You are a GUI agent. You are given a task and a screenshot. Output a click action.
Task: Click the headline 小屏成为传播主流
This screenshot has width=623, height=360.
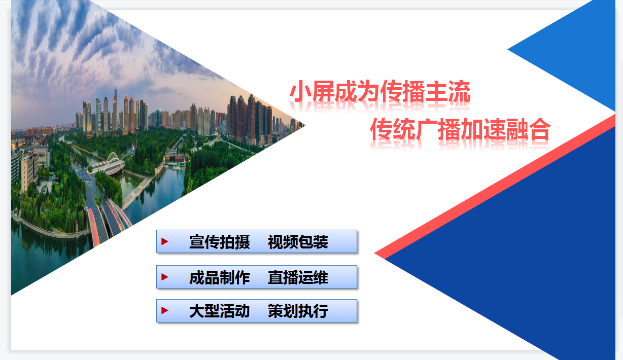coord(380,91)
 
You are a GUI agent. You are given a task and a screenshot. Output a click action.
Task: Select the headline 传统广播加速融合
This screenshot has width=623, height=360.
coord(460,129)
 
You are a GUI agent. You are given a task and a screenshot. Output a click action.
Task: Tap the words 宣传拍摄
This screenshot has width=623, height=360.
coord(220,241)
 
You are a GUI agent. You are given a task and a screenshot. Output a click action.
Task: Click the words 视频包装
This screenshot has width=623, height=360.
coord(298,241)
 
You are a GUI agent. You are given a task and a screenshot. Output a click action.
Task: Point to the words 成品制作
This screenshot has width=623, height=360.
coord(220,277)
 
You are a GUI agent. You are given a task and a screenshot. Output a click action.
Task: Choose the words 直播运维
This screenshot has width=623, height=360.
coord(298,277)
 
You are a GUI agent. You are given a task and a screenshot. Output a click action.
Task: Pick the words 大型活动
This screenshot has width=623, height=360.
coord(220,311)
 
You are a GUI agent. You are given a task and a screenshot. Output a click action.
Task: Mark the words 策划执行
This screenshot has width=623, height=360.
coord(298,311)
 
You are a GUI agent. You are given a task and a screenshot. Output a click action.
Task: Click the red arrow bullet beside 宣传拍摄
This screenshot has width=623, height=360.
coord(165,241)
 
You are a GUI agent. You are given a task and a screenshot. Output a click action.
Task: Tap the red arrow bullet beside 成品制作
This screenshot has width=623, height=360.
coord(165,277)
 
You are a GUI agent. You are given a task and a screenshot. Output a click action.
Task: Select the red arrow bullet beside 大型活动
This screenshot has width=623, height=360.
coord(165,310)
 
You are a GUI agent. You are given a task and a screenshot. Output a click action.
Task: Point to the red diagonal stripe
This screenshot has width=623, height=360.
coord(495,186)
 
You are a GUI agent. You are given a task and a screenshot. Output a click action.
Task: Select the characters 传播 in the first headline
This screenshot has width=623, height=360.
coord(402,91)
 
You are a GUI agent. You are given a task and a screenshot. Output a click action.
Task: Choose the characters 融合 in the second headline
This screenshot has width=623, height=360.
coord(529,129)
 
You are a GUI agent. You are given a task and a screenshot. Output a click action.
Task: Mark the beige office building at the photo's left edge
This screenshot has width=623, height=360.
coord(29,172)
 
